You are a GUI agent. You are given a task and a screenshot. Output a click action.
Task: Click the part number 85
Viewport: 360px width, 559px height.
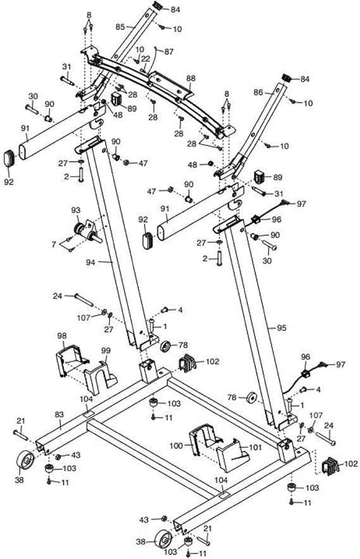tap(120, 27)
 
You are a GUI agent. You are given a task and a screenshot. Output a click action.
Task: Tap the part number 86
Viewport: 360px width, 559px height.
tap(258, 92)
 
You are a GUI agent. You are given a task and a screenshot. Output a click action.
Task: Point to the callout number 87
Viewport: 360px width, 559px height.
tap(168, 52)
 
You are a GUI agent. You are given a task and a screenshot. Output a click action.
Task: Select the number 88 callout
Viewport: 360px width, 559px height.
tap(190, 78)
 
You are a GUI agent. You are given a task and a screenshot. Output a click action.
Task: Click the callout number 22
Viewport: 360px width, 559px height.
tap(146, 58)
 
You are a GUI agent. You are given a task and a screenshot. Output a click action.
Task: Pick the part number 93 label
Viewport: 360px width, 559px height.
tap(76, 210)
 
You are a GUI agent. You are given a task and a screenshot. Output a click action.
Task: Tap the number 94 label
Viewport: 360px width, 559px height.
tap(90, 262)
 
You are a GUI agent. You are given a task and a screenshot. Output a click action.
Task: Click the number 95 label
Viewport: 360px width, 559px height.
tap(282, 328)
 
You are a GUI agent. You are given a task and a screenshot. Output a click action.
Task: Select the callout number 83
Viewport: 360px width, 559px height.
tap(59, 414)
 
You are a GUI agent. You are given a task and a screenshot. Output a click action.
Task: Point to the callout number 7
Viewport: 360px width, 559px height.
tap(54, 244)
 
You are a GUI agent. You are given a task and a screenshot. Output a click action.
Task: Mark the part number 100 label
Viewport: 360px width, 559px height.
tap(176, 446)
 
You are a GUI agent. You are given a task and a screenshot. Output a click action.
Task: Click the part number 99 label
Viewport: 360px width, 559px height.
tap(106, 351)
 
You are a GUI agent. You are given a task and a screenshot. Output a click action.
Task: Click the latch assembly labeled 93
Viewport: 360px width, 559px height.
tap(87, 232)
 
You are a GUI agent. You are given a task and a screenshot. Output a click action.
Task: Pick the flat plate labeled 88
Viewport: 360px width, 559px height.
tap(172, 85)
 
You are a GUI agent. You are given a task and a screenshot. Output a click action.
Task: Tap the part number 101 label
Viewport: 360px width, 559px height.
tap(256, 447)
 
